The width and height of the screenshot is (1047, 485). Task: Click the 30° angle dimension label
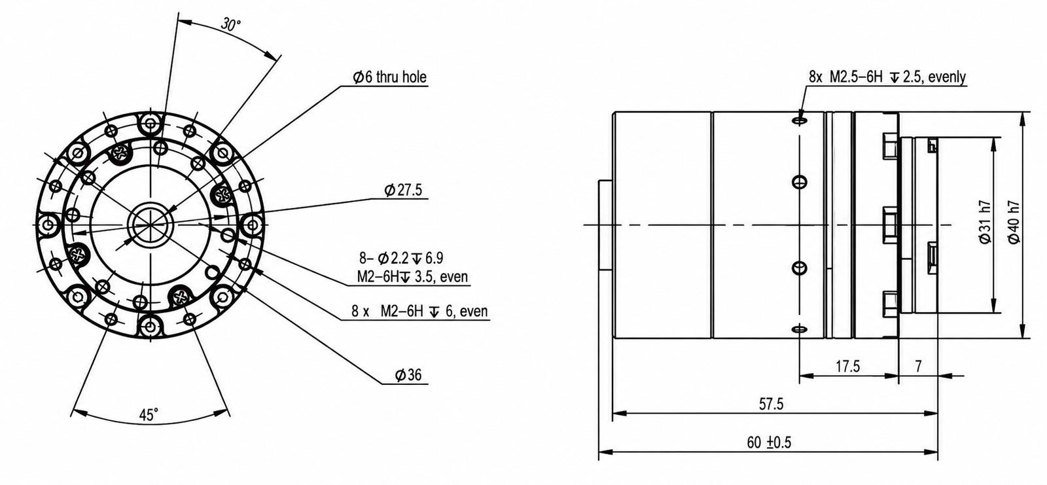pyautogui.click(x=231, y=24)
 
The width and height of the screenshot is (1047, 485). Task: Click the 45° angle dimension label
pyautogui.click(x=149, y=414)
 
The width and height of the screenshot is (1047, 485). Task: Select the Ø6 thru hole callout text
pyautogui.click(x=390, y=77)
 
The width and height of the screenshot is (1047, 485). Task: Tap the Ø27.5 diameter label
pyautogui.click(x=403, y=190)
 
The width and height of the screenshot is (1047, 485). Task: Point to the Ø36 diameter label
pyautogui.click(x=408, y=374)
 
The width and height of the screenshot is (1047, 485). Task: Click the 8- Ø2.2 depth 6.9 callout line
pyautogui.click(x=401, y=258)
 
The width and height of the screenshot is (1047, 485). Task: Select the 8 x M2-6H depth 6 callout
pyautogui.click(x=419, y=311)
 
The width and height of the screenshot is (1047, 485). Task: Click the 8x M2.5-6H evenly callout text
pyautogui.click(x=887, y=77)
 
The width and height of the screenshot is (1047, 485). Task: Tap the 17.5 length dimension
pyautogui.click(x=847, y=366)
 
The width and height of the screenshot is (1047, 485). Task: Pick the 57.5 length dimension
pyautogui.click(x=771, y=404)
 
